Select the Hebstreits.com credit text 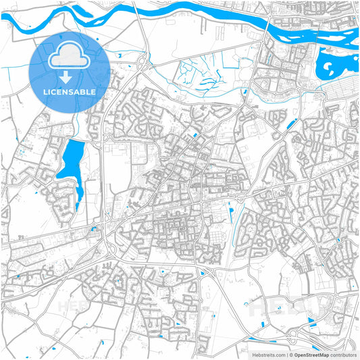(x=267, y=354)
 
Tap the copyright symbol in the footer (x=290, y=354)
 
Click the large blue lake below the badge (x=70, y=162)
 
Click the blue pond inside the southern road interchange (x=202, y=273)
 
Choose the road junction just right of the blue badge (x=143, y=64)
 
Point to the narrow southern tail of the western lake (x=80, y=197)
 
